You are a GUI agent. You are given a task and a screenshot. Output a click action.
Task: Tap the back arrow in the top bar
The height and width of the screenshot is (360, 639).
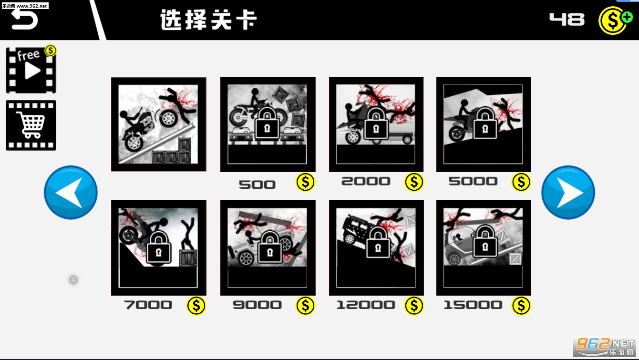point(24,20)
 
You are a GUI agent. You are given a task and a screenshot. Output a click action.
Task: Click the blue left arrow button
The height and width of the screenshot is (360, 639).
point(71,193)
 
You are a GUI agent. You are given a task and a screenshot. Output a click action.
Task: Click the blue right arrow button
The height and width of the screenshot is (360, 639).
point(568,193)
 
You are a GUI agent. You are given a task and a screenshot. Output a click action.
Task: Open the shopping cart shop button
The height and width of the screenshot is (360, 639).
point(31,125)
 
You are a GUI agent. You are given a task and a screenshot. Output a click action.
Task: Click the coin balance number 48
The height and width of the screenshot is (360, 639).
point(567,20)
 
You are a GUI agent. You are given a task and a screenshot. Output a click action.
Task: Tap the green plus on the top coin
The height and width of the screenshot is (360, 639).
point(627,17)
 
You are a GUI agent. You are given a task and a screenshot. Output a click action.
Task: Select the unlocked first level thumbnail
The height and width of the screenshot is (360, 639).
point(159,124)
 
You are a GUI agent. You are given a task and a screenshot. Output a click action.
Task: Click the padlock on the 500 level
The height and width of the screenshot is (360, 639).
point(267,124)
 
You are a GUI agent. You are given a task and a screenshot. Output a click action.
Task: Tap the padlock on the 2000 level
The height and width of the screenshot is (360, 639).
point(376,124)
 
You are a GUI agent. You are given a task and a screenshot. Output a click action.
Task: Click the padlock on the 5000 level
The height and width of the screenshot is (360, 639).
point(485,123)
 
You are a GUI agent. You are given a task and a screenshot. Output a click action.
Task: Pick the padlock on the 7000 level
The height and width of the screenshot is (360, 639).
point(159,247)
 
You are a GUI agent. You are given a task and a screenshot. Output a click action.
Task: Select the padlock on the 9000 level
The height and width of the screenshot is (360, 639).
point(270,247)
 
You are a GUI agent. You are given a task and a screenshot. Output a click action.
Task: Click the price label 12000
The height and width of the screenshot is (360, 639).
point(366,305)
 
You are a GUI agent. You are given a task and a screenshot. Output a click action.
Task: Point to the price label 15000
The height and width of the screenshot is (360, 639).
point(473,305)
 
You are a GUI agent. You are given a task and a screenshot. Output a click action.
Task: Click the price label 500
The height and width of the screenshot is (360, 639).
point(257,185)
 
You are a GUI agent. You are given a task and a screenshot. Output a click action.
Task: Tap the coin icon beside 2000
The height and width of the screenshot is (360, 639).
point(413,182)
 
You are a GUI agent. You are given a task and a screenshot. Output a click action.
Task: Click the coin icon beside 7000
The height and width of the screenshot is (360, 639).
point(196,306)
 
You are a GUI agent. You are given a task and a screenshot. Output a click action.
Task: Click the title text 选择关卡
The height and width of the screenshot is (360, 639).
point(208,20)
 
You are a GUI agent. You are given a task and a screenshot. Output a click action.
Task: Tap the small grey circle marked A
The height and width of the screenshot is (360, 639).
point(73,280)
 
